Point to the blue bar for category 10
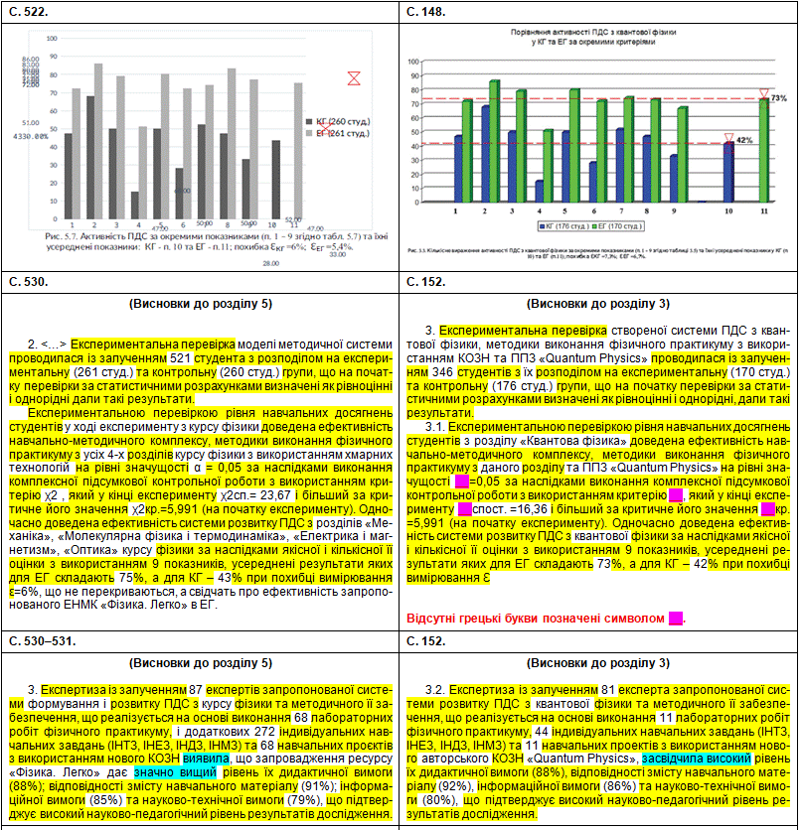[x=728, y=172]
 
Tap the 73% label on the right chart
[x=779, y=98]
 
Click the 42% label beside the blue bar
[x=744, y=141]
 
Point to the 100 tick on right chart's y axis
[x=414, y=61]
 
